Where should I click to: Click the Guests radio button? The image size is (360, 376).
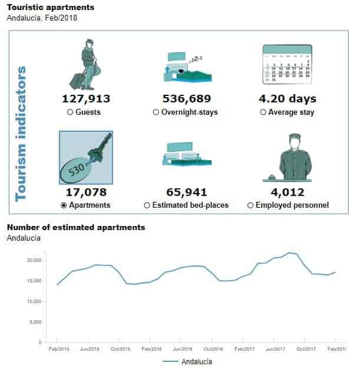70,112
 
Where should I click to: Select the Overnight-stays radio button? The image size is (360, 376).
156,112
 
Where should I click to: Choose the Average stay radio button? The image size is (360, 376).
263,112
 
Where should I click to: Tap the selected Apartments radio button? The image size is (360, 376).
64,205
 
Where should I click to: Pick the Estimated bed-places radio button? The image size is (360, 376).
147,205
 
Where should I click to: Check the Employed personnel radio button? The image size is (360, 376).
250,205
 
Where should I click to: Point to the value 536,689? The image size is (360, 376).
186,99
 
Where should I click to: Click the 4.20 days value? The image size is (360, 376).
288,99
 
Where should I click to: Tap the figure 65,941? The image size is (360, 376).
186,192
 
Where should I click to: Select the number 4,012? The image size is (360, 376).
288,192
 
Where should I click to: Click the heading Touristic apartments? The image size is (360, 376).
50,8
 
